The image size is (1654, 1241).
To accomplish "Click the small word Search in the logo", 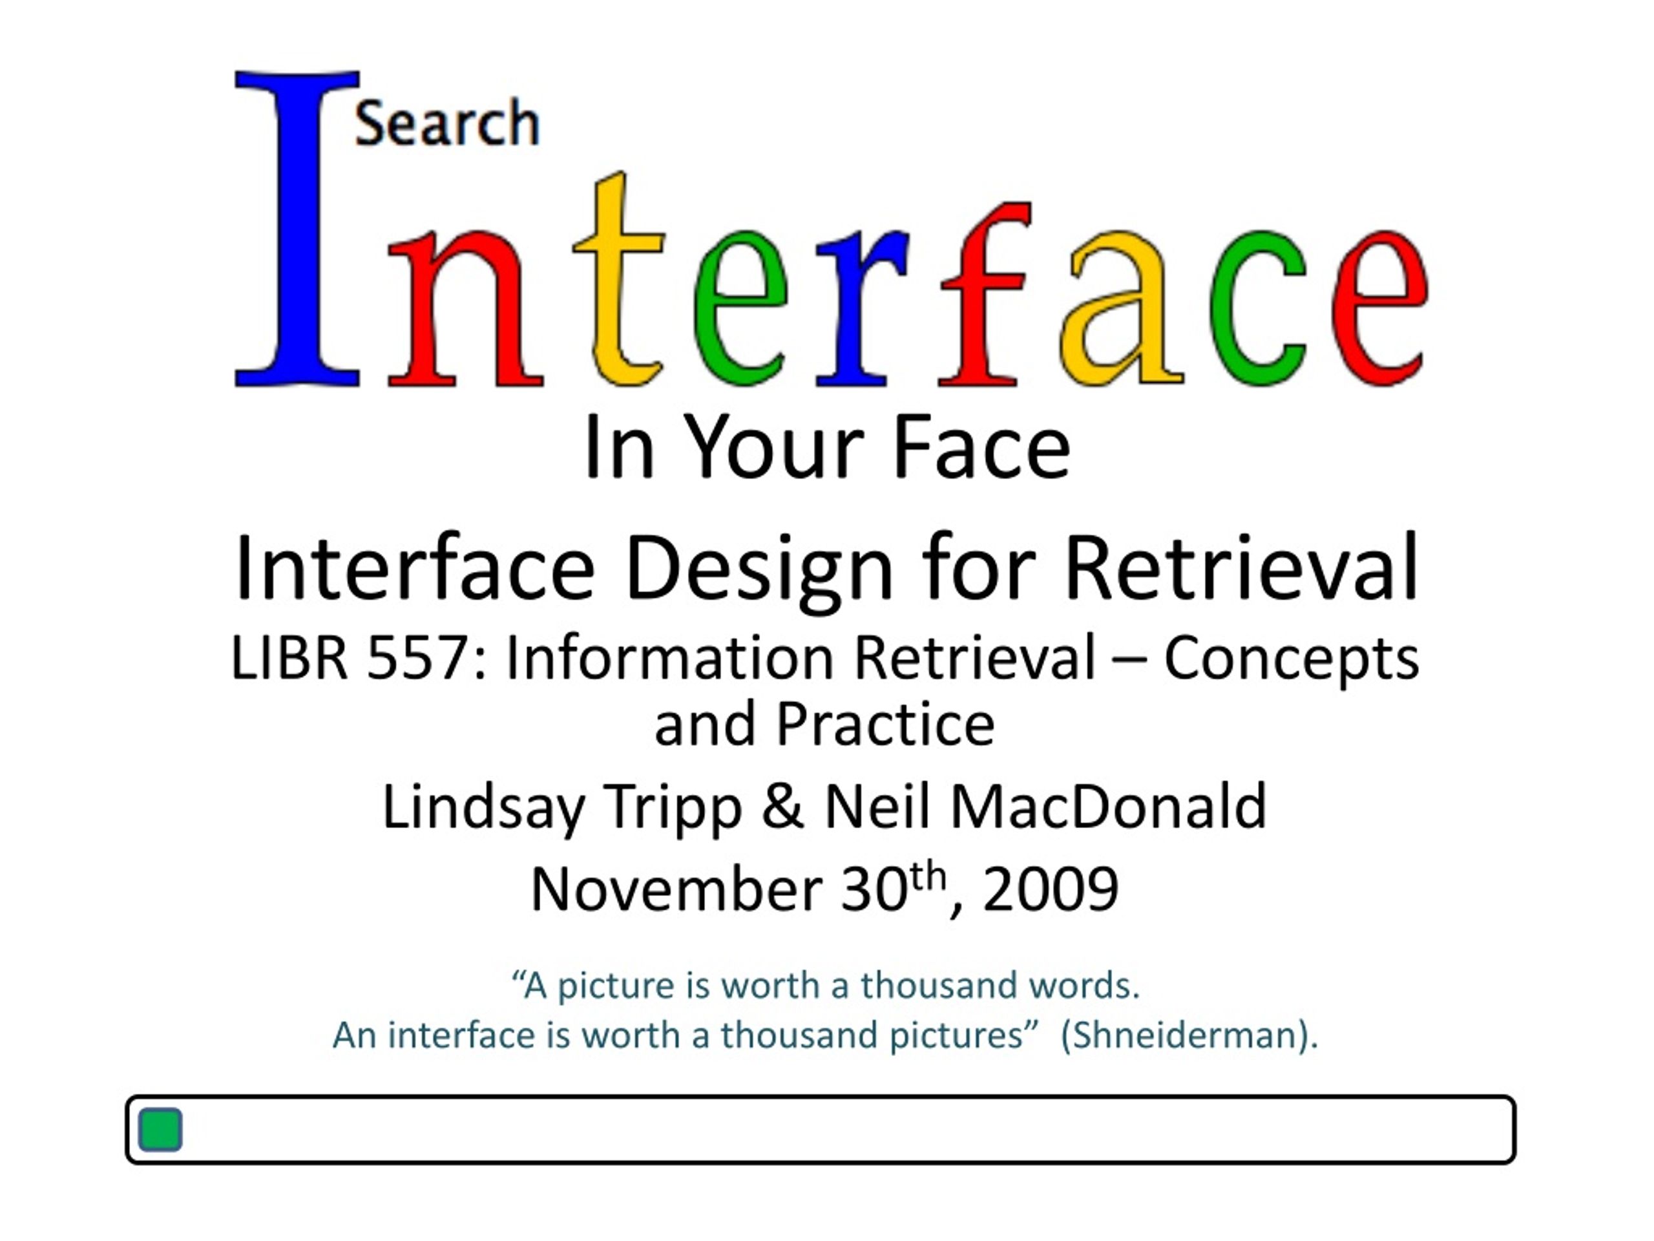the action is (x=447, y=123).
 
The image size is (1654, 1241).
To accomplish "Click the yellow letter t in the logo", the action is (x=619, y=280).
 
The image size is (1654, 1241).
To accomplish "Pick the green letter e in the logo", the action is (x=740, y=308).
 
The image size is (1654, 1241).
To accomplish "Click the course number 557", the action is (x=417, y=658).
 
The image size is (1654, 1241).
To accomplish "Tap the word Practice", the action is (x=885, y=724).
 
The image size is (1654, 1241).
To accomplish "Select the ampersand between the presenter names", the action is (x=783, y=808).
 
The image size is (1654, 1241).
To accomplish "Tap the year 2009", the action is (x=1050, y=889).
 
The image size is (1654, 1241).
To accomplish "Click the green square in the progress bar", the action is (x=160, y=1130).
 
